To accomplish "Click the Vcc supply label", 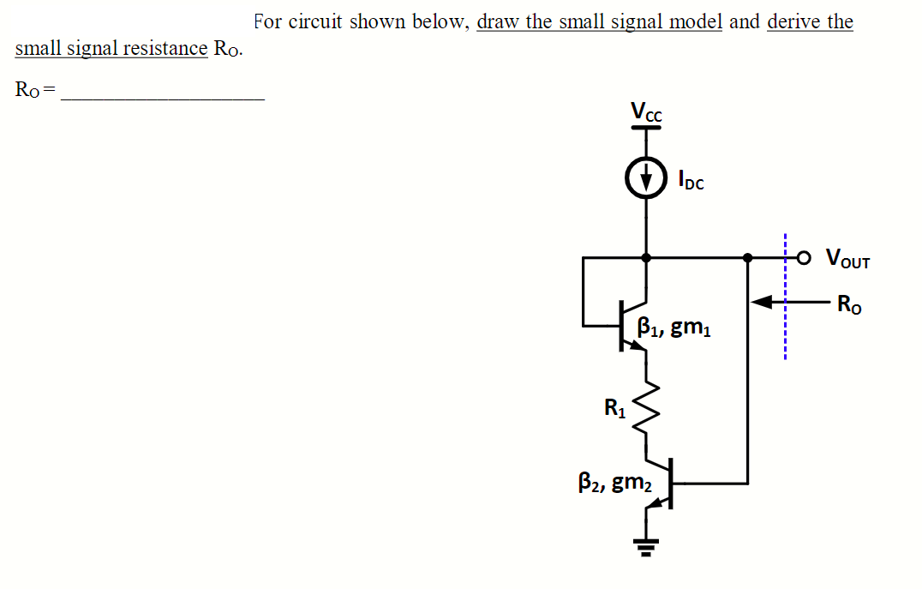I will pos(646,111).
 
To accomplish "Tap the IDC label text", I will pos(691,181).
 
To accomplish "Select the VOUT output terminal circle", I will pos(803,256).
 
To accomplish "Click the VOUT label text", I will pos(847,257).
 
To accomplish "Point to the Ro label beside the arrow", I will pos(849,303).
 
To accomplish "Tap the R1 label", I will pos(614,408).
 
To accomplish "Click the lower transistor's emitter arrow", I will pos(656,505).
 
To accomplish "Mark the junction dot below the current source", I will pos(646,256).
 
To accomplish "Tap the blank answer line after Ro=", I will pos(162,96).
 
